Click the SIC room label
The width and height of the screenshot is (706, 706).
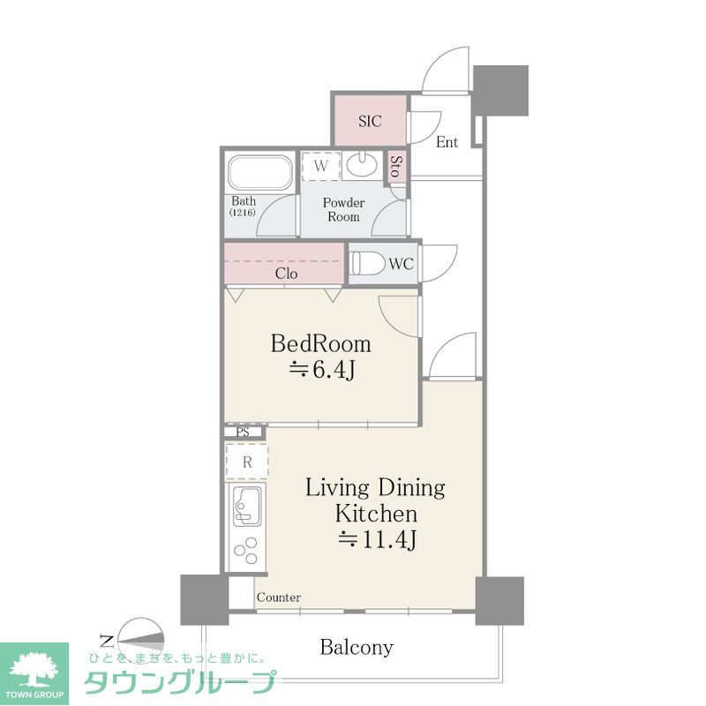(x=370, y=122)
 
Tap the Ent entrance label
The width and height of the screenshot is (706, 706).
(x=447, y=142)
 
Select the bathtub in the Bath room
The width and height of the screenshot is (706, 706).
(x=260, y=174)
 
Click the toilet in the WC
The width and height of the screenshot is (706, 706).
(x=367, y=263)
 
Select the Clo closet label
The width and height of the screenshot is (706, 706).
(x=286, y=274)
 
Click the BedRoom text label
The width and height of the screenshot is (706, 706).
(x=320, y=343)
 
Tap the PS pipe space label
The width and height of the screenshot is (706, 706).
(x=242, y=432)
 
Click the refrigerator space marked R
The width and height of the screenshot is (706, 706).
(x=248, y=462)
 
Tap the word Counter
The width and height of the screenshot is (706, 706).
(x=279, y=597)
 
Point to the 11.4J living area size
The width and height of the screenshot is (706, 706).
(x=376, y=540)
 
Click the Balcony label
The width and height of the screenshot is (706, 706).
(x=357, y=648)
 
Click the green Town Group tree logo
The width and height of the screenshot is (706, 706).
(x=34, y=668)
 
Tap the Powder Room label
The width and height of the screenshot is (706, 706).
(x=343, y=209)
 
